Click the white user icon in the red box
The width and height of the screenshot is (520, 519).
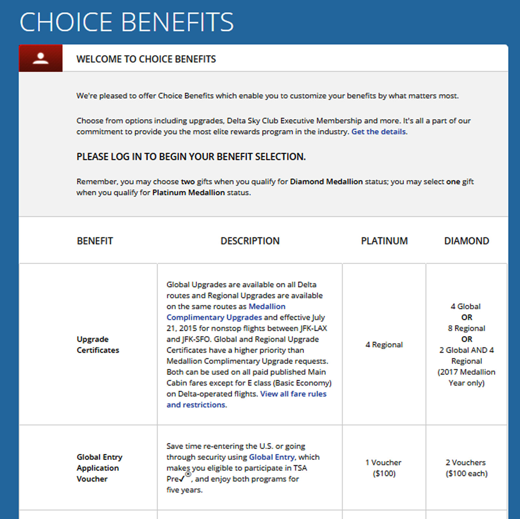click(x=41, y=58)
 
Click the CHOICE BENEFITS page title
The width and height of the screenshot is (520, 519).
click(x=126, y=22)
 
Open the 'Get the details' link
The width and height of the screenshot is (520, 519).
click(x=379, y=132)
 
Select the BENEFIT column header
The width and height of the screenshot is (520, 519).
click(x=95, y=241)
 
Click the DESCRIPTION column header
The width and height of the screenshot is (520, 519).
click(x=250, y=241)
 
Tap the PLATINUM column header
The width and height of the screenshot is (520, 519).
click(x=384, y=241)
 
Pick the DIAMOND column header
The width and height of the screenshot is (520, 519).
click(x=466, y=241)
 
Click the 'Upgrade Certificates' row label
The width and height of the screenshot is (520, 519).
click(x=98, y=345)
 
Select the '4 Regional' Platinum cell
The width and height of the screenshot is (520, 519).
click(x=384, y=345)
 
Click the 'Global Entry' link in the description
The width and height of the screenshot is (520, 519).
click(x=272, y=457)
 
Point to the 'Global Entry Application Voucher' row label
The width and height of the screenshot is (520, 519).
click(x=99, y=468)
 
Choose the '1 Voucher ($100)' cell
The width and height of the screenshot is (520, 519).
click(x=383, y=468)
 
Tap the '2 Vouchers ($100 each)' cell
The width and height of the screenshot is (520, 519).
click(x=466, y=468)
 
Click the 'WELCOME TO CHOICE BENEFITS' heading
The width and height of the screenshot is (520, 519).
click(x=146, y=59)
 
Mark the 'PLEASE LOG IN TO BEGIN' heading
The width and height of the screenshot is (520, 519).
click(x=191, y=157)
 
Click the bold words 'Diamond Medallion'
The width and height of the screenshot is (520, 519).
click(x=326, y=182)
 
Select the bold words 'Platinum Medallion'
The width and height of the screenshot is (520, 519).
click(x=188, y=193)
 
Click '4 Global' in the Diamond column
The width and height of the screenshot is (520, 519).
click(x=465, y=306)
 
